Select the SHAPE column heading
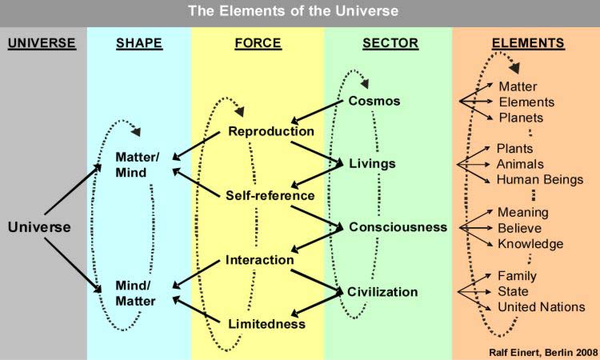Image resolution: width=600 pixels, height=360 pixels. click(x=138, y=42)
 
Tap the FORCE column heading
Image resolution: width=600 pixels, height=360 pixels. click(x=257, y=42)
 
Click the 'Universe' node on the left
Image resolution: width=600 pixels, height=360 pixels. click(x=39, y=227)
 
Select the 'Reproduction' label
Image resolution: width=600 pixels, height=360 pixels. click(x=271, y=131)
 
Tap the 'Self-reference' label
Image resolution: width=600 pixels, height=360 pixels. click(x=270, y=195)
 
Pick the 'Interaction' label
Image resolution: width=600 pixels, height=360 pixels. click(x=259, y=260)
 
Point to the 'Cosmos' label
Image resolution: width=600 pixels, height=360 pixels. click(x=374, y=102)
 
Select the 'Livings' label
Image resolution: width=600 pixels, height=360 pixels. click(x=373, y=164)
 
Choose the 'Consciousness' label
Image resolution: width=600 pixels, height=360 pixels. click(x=398, y=227)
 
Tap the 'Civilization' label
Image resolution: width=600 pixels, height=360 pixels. click(x=382, y=291)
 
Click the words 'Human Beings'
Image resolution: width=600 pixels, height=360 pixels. click(x=540, y=179)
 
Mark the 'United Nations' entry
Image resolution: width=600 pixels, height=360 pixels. click(x=541, y=307)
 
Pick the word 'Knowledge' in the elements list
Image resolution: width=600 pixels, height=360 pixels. click(x=530, y=244)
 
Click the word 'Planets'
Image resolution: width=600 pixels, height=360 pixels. click(x=521, y=118)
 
